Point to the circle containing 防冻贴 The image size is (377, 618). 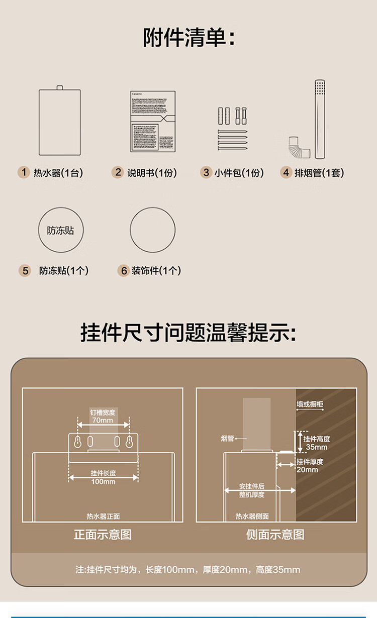tap(60, 230)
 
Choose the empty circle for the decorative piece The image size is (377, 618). tap(153, 230)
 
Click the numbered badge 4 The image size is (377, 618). tap(286, 173)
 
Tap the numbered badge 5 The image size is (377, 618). tap(25, 271)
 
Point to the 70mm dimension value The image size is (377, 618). tap(103, 420)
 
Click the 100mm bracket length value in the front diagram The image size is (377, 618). tap(103, 481)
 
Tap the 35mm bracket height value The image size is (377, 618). tap(317, 447)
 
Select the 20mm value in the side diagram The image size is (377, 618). tap(307, 469)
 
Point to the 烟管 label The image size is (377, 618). tap(228, 439)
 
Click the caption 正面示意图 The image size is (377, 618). tap(103, 534)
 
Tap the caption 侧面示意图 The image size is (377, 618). tap(275, 534)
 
